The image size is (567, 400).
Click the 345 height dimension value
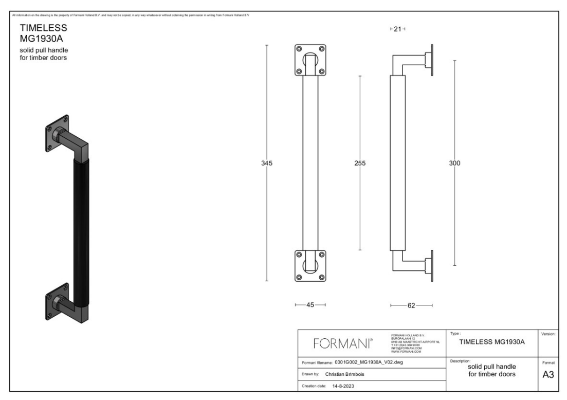coord(266,163)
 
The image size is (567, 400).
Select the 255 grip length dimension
coord(360,163)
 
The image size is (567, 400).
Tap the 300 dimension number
coord(455,163)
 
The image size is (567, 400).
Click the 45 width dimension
coord(310,305)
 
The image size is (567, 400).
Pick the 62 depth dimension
coord(411,305)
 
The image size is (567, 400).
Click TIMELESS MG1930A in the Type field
coord(491,341)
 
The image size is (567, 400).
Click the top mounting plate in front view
coord(310,60)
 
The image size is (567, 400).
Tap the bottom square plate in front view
coord(310,266)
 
